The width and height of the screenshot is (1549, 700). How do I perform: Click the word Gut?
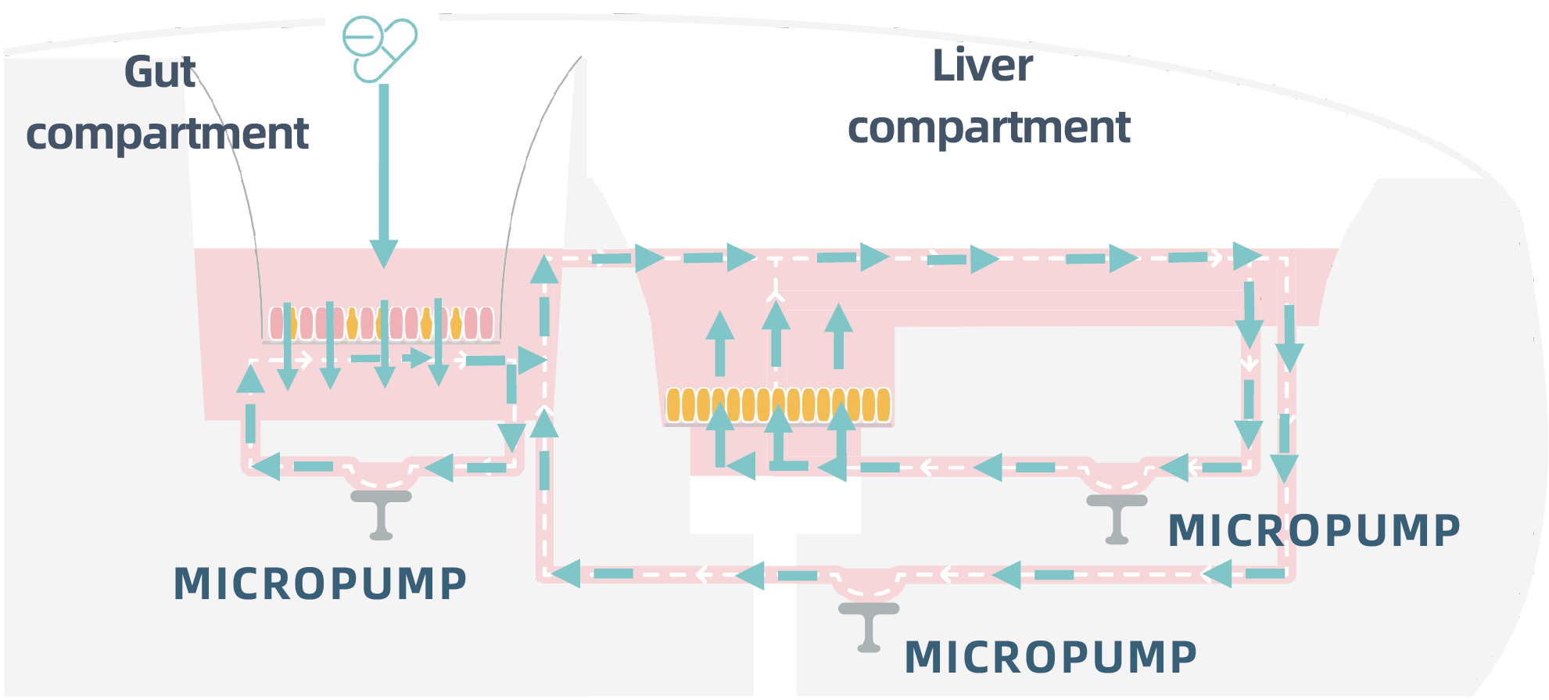(x=160, y=73)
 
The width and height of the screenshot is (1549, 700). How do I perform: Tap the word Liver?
(x=982, y=66)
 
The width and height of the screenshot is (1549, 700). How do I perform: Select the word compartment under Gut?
(x=167, y=134)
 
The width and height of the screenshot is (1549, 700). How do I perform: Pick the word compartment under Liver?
(x=988, y=127)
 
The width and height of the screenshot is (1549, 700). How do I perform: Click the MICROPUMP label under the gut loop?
(x=320, y=583)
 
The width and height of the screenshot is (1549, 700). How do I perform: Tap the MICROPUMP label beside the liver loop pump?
(x=1314, y=530)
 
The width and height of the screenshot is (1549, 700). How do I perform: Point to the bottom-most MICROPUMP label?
(x=1050, y=656)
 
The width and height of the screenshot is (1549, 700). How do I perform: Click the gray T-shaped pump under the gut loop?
(x=381, y=512)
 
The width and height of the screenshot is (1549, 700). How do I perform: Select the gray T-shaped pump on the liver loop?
(x=1117, y=517)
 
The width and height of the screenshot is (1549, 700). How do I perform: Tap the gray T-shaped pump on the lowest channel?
(x=869, y=625)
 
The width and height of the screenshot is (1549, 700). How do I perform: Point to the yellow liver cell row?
(x=778, y=405)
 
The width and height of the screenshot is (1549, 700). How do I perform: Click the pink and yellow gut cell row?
(x=382, y=323)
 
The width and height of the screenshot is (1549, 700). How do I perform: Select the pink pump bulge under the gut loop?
(x=382, y=474)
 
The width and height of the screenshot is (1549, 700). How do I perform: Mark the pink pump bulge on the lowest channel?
(x=869, y=583)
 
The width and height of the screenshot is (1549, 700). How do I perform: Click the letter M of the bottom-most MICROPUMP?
(x=922, y=657)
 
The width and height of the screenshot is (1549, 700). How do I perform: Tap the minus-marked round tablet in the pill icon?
(x=362, y=37)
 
